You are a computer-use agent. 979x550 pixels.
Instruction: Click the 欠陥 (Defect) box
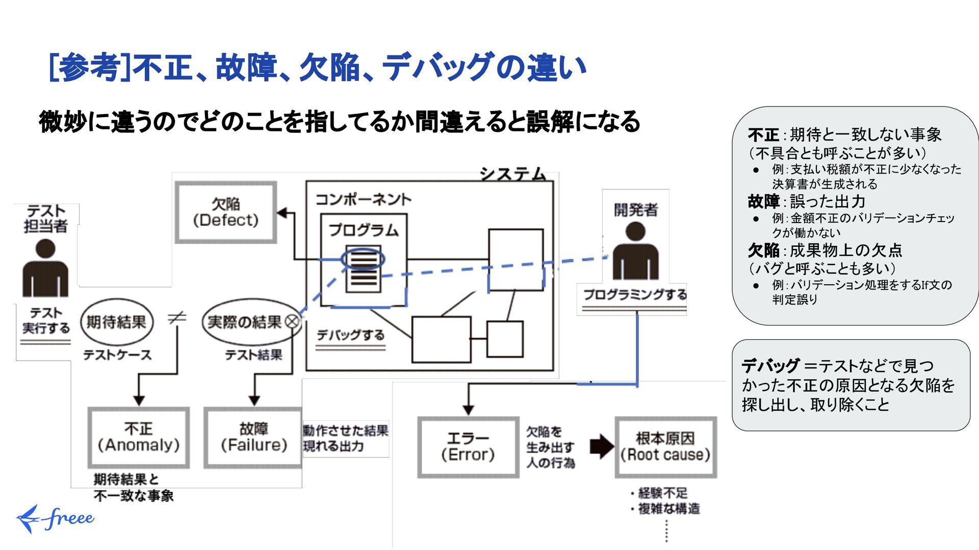coord(226,212)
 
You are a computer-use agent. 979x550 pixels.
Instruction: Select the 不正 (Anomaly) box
coord(139,437)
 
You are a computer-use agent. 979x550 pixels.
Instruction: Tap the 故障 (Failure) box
coord(253,437)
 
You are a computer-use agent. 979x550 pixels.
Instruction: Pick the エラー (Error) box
coord(468,447)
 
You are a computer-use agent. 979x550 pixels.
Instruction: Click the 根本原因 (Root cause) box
coord(665,447)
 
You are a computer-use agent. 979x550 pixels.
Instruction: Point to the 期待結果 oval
coord(117,322)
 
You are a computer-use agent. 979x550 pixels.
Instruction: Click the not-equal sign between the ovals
coord(177,318)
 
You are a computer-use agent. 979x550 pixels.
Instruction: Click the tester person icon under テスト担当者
coord(45,268)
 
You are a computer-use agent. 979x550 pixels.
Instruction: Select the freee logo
coord(55,518)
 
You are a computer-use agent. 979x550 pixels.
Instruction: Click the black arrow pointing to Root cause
coord(601,447)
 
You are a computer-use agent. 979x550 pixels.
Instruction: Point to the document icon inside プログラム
coord(363,269)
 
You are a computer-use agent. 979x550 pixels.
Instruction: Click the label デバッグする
coord(350,335)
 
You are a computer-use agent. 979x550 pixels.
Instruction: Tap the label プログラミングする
coord(634,295)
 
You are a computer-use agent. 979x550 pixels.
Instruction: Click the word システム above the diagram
coord(512,174)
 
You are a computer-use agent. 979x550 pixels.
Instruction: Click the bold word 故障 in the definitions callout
coord(763,202)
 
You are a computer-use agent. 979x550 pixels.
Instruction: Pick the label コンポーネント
coord(363,199)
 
